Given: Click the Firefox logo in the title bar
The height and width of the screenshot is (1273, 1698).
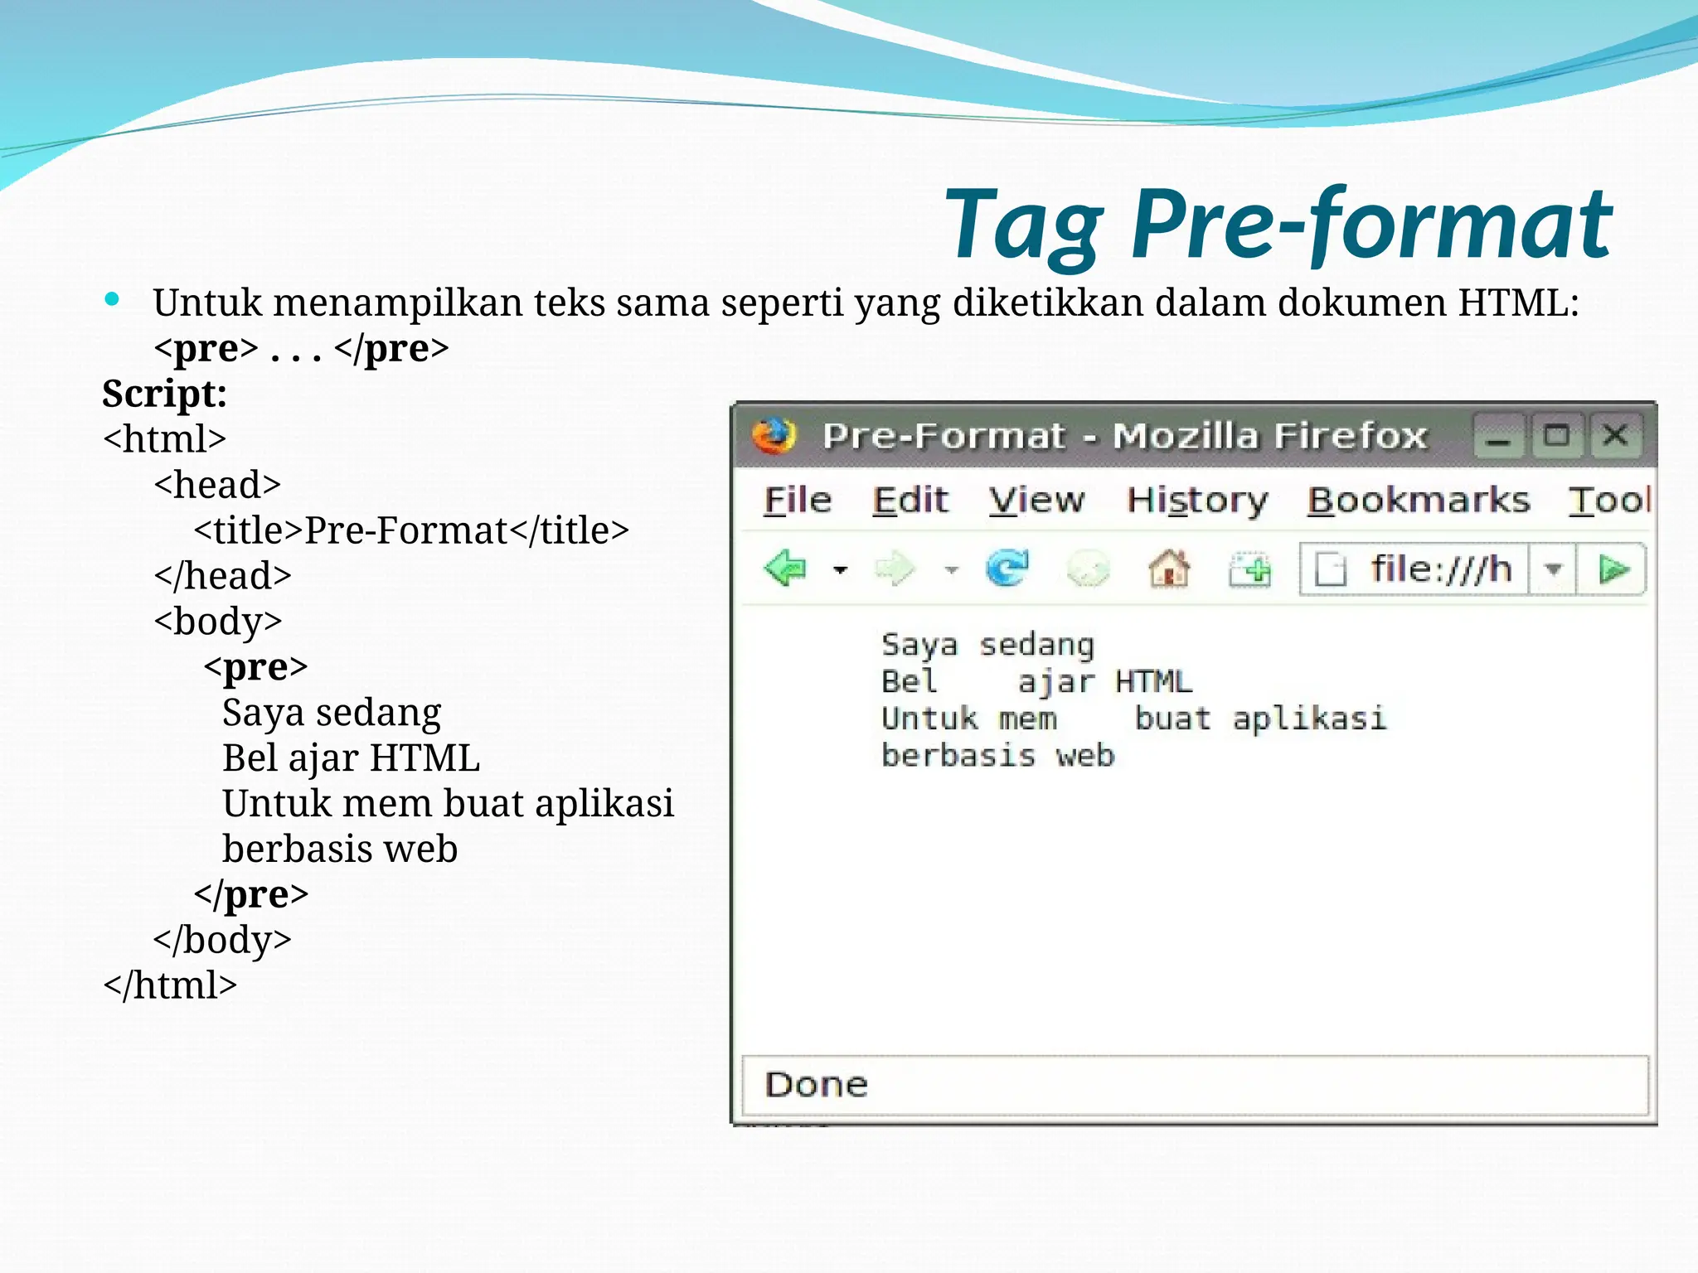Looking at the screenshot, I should point(773,435).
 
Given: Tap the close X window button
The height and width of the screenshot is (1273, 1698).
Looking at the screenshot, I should point(1614,435).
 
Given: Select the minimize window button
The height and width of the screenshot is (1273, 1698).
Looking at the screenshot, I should point(1498,437).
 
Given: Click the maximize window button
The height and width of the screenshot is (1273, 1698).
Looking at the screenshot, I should point(1556,435).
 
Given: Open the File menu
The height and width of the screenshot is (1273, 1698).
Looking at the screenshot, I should point(797,501).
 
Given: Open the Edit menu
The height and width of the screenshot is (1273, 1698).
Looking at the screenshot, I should point(910,501).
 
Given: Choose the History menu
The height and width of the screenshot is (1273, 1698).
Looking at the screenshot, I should point(1196,501).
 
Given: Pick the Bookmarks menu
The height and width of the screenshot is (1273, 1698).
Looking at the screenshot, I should point(1418,501).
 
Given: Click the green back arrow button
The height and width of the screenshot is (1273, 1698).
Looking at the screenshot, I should point(784,569).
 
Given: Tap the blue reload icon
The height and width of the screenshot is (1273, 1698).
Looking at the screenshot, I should point(1007,569).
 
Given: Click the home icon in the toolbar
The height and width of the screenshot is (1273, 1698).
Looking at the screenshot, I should point(1169,569).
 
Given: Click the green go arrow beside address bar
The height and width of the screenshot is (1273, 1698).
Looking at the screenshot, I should point(1613,569).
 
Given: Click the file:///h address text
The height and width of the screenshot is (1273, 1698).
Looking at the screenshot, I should point(1440,569).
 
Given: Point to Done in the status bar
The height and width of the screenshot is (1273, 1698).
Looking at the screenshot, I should point(816,1085).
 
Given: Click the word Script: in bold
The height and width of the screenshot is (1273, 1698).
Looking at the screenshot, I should point(164,394).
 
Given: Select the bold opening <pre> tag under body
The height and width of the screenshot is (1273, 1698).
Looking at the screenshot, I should point(255,667).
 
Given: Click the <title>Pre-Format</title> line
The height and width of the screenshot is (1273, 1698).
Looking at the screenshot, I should point(411,530).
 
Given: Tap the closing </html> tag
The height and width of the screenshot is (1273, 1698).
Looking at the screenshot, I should point(170,985).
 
